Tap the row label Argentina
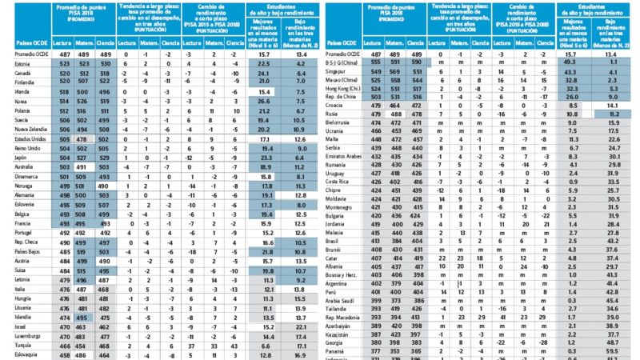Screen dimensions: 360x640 pos(346,283)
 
